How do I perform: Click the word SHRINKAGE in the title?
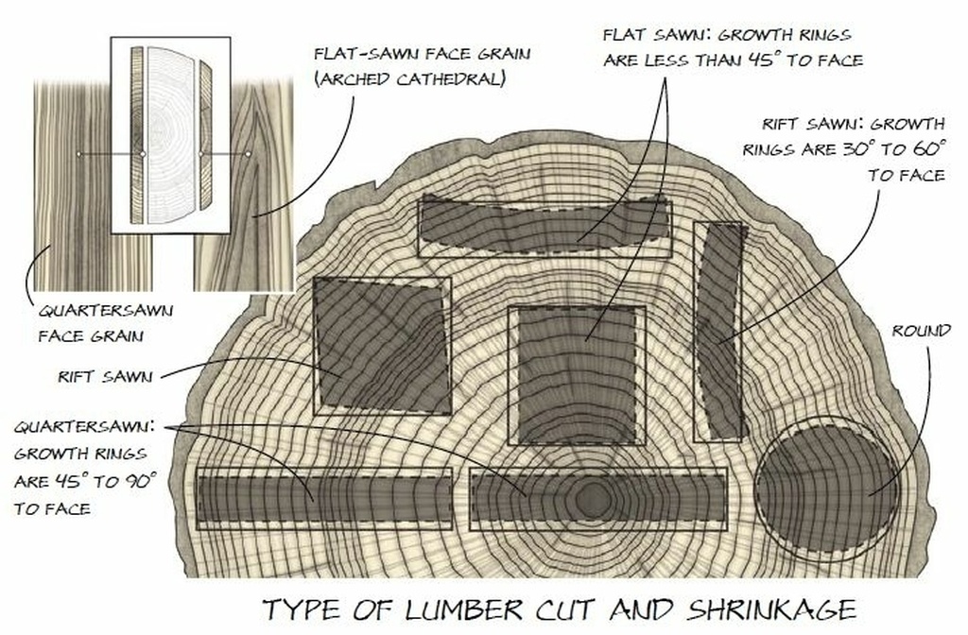pos(772,609)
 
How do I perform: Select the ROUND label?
pos(921,331)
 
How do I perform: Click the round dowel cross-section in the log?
pos(828,489)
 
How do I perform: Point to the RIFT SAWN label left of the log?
pos(105,376)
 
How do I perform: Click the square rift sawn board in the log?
pos(382,346)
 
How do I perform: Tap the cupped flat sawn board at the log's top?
pos(544,225)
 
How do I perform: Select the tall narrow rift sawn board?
pos(718,332)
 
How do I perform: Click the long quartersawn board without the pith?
pos(325,499)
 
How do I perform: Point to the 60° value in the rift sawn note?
pos(929,148)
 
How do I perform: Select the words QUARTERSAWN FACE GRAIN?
pos(106,323)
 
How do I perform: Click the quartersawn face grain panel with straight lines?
pos(93,185)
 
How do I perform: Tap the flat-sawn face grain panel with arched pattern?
pos(244,185)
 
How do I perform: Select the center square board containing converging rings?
pos(577,375)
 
